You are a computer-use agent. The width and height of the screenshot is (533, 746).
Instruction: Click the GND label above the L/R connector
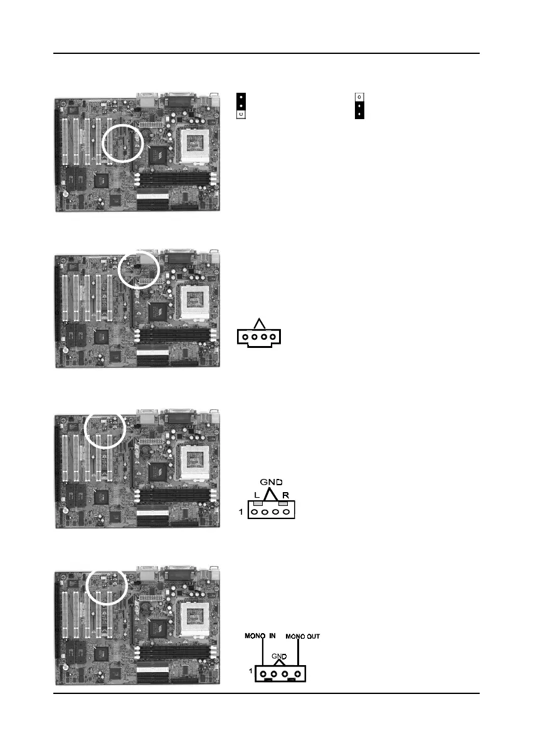pyautogui.click(x=272, y=482)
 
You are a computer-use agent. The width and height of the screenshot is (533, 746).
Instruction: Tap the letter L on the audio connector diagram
pyautogui.click(x=257, y=495)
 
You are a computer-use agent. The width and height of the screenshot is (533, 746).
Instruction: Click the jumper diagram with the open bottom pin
pyautogui.click(x=240, y=106)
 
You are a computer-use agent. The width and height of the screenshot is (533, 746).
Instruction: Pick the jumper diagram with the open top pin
pyautogui.click(x=359, y=106)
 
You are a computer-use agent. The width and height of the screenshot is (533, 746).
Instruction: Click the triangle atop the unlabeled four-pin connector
pyautogui.click(x=259, y=323)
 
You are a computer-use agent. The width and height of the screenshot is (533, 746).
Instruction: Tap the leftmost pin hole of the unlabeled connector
pyautogui.click(x=245, y=337)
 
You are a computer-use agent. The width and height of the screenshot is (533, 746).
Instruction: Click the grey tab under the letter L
pyautogui.click(x=257, y=503)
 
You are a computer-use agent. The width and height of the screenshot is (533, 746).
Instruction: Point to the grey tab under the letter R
pyautogui.click(x=283, y=503)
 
